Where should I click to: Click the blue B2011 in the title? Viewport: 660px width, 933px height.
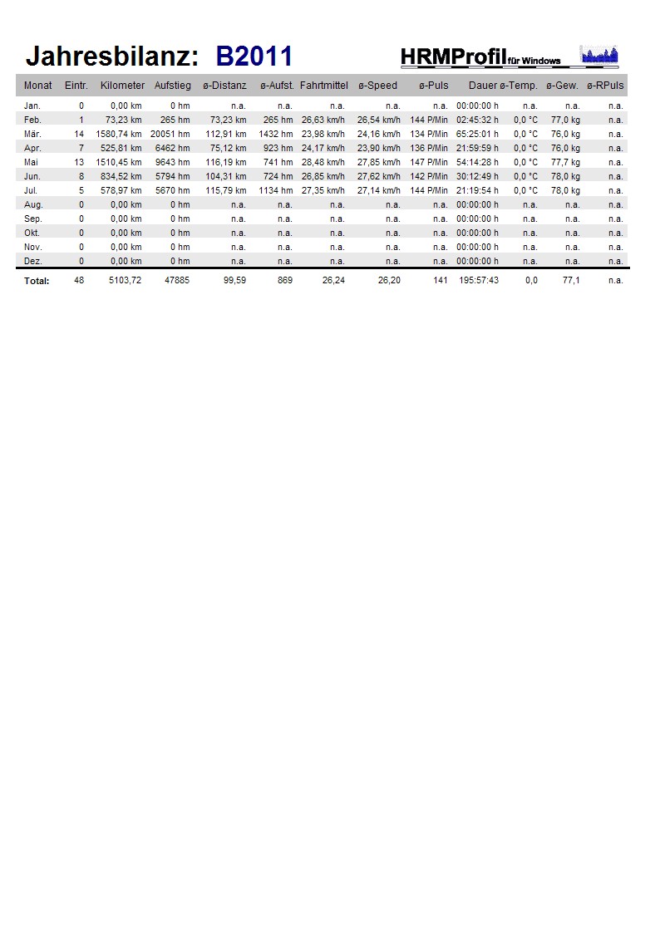pyautogui.click(x=254, y=56)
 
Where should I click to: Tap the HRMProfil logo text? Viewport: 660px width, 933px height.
pyautogui.click(x=453, y=56)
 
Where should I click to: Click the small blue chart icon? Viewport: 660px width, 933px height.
pyautogui.click(x=598, y=56)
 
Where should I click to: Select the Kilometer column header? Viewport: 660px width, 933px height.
pyautogui.click(x=122, y=86)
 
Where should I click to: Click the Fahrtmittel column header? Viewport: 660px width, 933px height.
pyautogui.click(x=323, y=86)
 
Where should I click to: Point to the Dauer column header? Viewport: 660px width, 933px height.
pyautogui.click(x=482, y=86)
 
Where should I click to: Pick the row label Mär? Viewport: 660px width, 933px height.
pyautogui.click(x=32, y=134)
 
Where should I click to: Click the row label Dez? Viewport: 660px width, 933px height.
pyautogui.click(x=32, y=261)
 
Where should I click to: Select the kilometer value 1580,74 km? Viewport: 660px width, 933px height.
pyautogui.click(x=119, y=134)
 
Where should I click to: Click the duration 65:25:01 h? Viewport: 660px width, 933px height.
pyautogui.click(x=477, y=134)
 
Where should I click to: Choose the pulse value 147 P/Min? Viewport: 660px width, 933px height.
pyautogui.click(x=429, y=162)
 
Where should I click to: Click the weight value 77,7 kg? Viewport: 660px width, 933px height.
pyautogui.click(x=565, y=162)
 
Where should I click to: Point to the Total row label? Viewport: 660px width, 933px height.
pyautogui.click(x=37, y=281)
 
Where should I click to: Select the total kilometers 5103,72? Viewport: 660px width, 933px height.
pyautogui.click(x=125, y=281)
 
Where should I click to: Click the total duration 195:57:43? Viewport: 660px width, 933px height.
pyautogui.click(x=478, y=281)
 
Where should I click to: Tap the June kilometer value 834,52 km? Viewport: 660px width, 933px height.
pyautogui.click(x=121, y=176)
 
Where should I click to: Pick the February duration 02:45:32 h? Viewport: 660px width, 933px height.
pyautogui.click(x=477, y=120)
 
